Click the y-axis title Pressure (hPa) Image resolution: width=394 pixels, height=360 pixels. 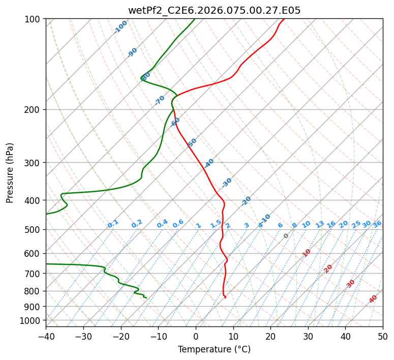pyautogui.click(x=10, y=172)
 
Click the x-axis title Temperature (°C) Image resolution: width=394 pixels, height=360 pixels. pyautogui.click(x=214, y=350)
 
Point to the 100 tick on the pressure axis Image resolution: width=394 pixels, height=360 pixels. pyautogui.click(x=34, y=19)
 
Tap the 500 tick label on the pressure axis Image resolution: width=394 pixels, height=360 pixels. pyautogui.click(x=34, y=230)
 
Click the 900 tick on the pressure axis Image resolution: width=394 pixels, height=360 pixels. pyautogui.click(x=34, y=306)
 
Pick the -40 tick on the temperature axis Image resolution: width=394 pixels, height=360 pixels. pyautogui.click(x=46, y=336)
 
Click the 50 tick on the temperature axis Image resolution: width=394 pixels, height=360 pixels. pyautogui.click(x=383, y=336)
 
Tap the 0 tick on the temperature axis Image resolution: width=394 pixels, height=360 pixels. pyautogui.click(x=196, y=336)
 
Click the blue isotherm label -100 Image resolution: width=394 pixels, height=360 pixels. pyautogui.click(x=120, y=27)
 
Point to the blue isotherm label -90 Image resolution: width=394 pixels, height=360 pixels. pyautogui.click(x=132, y=52)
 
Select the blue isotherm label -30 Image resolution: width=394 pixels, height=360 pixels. pyautogui.click(x=227, y=183)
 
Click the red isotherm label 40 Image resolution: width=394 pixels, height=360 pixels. pyautogui.click(x=373, y=299)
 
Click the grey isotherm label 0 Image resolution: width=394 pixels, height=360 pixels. pyautogui.click(x=286, y=236)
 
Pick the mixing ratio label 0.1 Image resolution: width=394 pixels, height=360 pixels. pyautogui.click(x=113, y=223)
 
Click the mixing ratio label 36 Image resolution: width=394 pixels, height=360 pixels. pyautogui.click(x=377, y=224)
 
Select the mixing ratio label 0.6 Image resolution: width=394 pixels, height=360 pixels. pyautogui.click(x=178, y=224)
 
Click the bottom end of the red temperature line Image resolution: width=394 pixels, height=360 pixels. pyautogui.click(x=225, y=297)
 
